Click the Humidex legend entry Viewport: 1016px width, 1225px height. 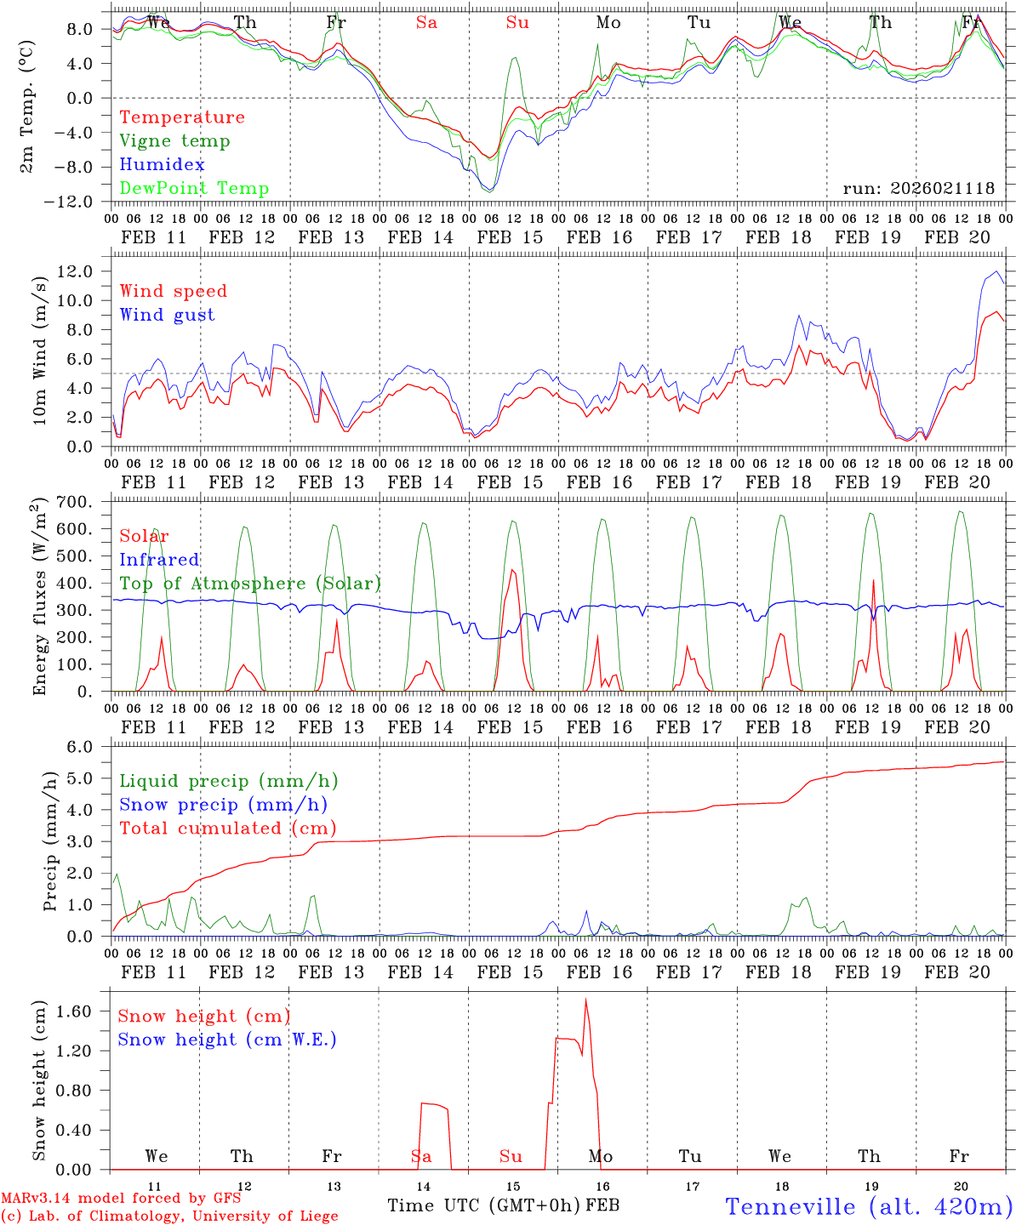point(162,165)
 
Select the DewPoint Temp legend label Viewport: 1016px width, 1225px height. point(194,189)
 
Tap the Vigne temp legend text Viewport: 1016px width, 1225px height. point(174,141)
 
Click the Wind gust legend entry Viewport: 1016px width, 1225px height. point(167,315)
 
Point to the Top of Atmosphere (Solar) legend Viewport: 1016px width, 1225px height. point(250,584)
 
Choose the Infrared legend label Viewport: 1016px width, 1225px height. point(159,560)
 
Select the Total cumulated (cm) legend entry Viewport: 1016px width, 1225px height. point(227,828)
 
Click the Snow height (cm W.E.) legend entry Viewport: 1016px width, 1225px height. point(227,1040)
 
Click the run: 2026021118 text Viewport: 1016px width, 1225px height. point(918,189)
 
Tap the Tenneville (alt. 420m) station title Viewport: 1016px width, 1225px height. point(869,1206)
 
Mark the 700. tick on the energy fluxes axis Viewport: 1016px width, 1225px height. point(74,502)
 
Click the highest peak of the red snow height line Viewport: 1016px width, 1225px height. point(585,999)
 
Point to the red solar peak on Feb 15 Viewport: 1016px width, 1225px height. point(512,570)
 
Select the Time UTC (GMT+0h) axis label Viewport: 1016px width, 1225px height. point(483,1205)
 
